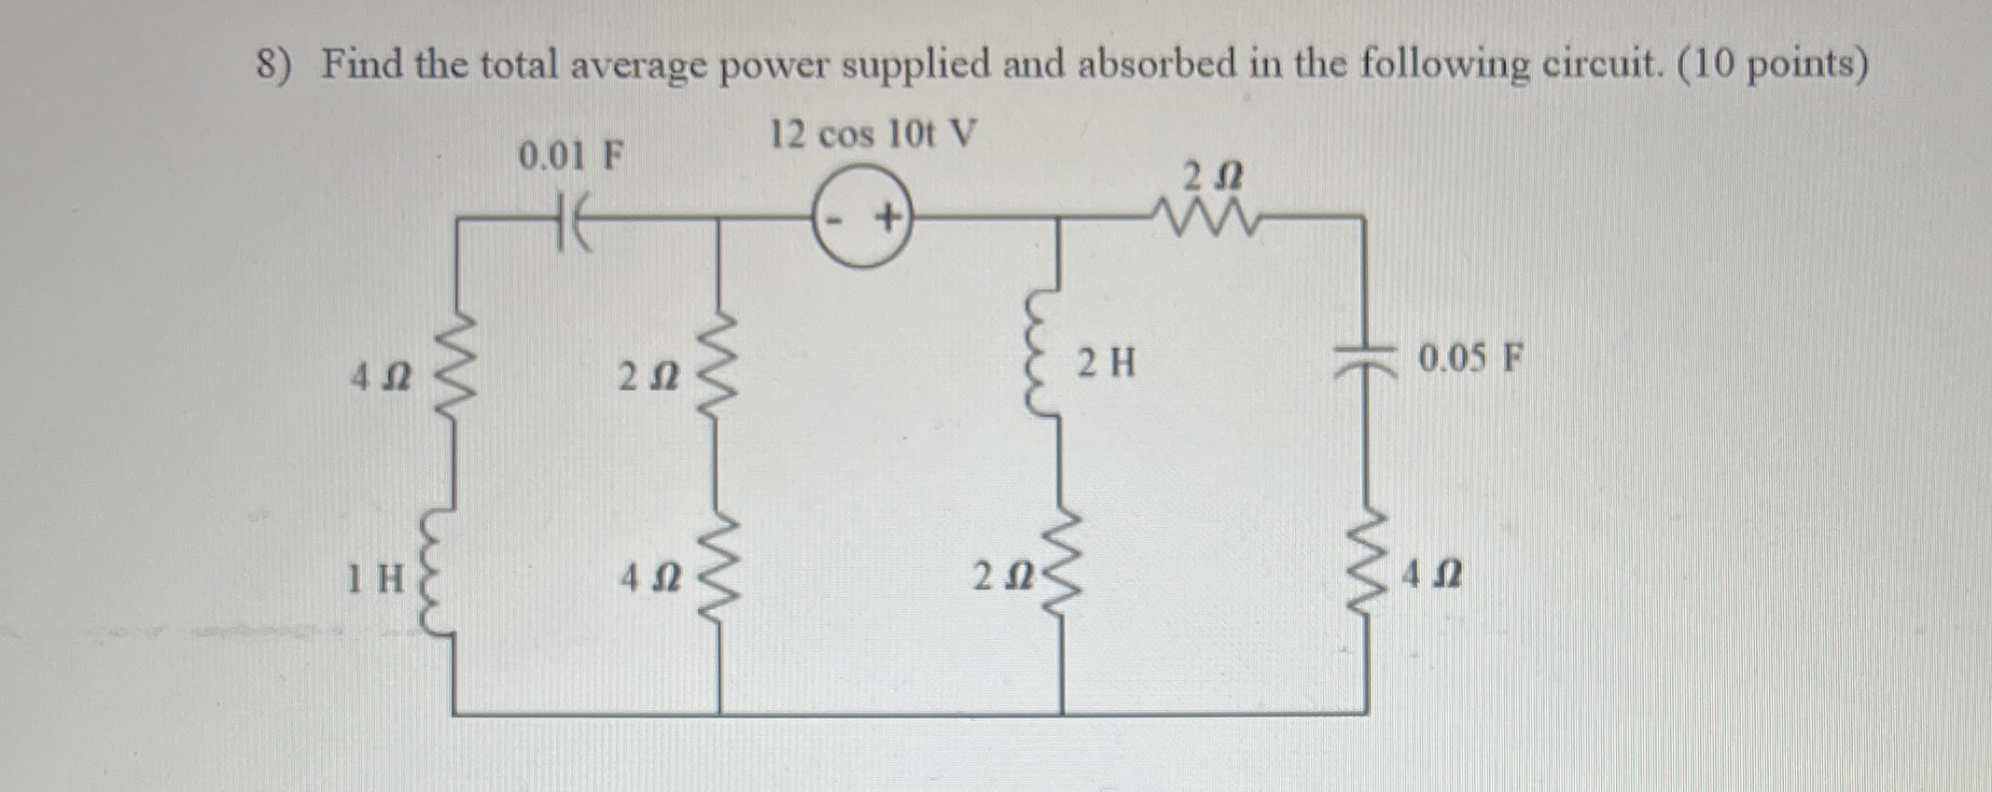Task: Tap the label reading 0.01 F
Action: (570, 157)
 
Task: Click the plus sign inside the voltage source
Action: (887, 220)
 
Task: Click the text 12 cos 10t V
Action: (872, 136)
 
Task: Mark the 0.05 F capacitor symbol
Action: (1368, 358)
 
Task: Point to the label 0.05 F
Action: (1470, 357)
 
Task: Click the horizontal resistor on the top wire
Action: (1210, 217)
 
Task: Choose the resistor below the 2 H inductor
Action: (1060, 569)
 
